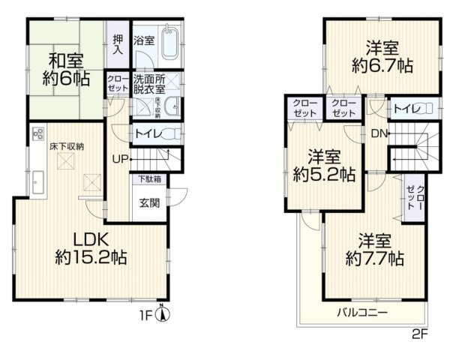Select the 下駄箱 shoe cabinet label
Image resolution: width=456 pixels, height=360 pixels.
[147, 179]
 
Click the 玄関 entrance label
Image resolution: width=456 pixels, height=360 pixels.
[148, 202]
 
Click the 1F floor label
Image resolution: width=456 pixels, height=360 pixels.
[149, 316]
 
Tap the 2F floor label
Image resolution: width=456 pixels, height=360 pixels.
[418, 334]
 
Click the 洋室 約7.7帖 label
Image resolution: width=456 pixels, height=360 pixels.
[374, 250]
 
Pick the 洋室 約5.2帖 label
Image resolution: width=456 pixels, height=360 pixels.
[325, 166]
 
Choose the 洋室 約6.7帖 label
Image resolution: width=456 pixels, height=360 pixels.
[382, 55]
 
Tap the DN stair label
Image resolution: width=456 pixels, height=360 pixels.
[377, 134]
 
